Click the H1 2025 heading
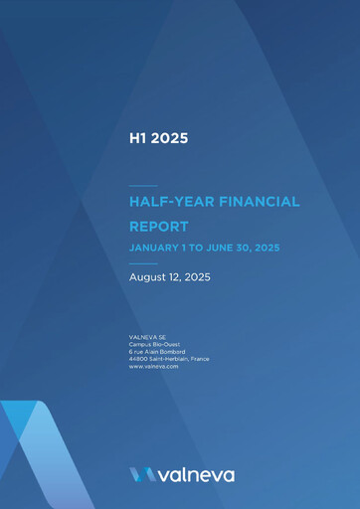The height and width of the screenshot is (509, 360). coord(158,138)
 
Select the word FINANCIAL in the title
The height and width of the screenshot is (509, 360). coord(260,202)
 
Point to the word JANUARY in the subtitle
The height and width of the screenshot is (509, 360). coord(154,248)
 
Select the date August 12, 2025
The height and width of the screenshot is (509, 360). coord(169,277)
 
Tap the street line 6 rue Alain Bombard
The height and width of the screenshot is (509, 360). coord(157,352)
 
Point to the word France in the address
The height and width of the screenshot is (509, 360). coord(199,359)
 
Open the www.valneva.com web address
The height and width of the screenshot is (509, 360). coord(153,367)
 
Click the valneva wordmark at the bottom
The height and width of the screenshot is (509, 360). coord(195,475)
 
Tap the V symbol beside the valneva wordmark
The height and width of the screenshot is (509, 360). coord(141,475)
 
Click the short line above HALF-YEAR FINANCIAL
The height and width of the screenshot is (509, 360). coord(143,186)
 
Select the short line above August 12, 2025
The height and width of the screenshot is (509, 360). coord(143,263)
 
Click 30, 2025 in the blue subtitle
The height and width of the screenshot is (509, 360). coord(281,248)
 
